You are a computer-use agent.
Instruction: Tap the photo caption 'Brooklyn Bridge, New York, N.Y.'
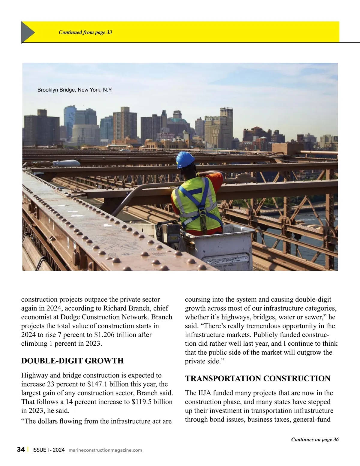tap(75, 90)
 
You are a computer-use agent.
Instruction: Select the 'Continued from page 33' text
tap(85, 32)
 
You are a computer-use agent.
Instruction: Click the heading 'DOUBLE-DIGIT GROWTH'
tap(72, 361)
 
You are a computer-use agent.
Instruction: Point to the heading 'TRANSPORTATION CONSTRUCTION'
tap(258, 378)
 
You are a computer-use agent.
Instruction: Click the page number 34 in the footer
tap(21, 449)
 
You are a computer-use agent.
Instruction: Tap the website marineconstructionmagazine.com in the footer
tap(105, 450)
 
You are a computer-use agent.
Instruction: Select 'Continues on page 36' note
tap(315, 440)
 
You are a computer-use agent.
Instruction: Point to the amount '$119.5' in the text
tap(142, 402)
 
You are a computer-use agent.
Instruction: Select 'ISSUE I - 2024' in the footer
tap(48, 450)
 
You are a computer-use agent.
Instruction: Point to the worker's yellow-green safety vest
tap(196, 204)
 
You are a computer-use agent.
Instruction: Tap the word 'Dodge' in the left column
tap(70, 317)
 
